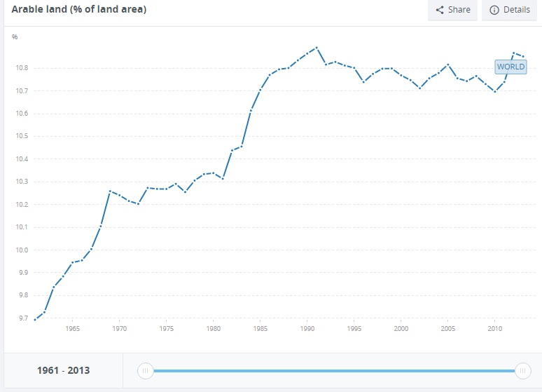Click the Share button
click(x=452, y=10)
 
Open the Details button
click(x=509, y=10)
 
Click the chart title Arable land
click(x=79, y=10)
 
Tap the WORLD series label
click(x=510, y=67)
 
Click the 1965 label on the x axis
click(x=72, y=328)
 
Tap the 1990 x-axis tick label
click(x=307, y=328)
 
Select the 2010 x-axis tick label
click(x=495, y=328)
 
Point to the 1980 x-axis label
click(x=213, y=328)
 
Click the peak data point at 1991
click(x=317, y=48)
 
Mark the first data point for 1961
click(x=35, y=319)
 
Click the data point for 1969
click(x=110, y=191)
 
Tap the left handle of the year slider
click(x=145, y=371)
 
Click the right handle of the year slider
click(x=522, y=371)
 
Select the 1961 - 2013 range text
click(x=63, y=370)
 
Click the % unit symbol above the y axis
click(x=15, y=36)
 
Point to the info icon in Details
click(x=494, y=10)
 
